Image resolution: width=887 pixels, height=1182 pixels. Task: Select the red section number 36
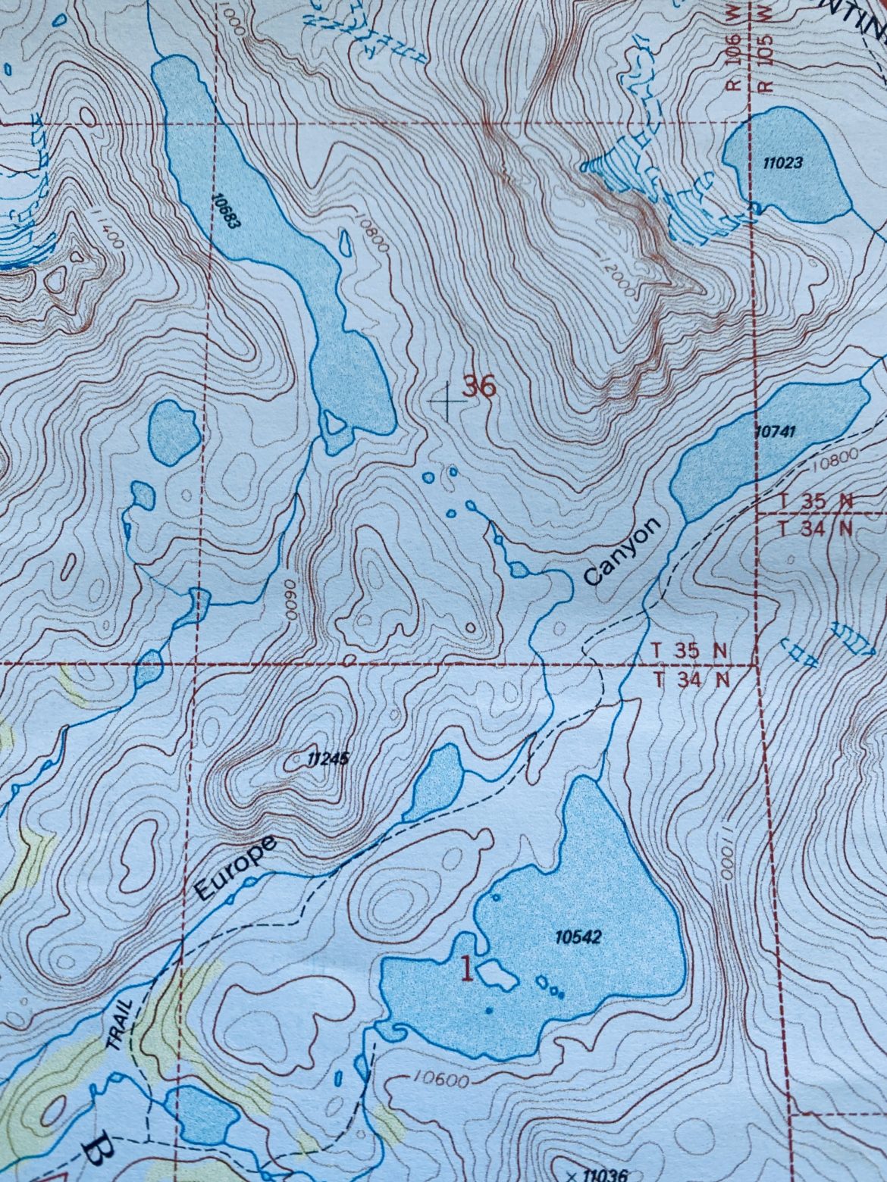pyautogui.click(x=479, y=387)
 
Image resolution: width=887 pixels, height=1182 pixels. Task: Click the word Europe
pyautogui.click(x=234, y=868)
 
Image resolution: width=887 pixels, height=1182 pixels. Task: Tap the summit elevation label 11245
pyautogui.click(x=328, y=757)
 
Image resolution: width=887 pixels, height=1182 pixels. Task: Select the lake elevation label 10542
pyautogui.click(x=578, y=937)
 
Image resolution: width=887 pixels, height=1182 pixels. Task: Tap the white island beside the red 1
pyautogui.click(x=497, y=974)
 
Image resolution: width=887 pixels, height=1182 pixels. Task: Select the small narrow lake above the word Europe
pyautogui.click(x=434, y=784)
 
